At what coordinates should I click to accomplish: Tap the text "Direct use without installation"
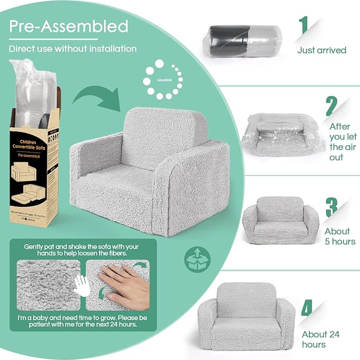click(x=73, y=49)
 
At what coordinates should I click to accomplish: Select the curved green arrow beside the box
click(x=93, y=98)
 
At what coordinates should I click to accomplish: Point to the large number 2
click(x=331, y=106)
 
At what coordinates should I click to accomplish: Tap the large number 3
click(x=332, y=207)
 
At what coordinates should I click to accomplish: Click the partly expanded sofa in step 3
click(x=280, y=220)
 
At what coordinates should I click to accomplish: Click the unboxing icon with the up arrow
click(x=197, y=259)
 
